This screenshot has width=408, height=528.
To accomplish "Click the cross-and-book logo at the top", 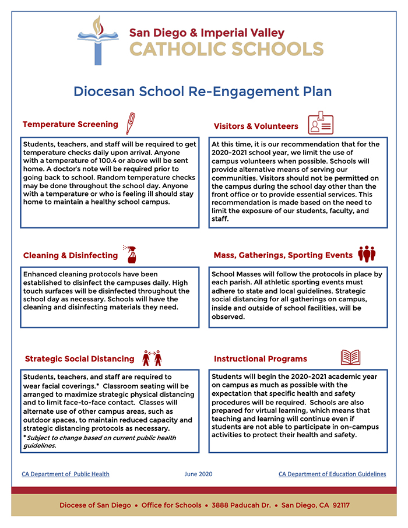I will (x=97, y=40).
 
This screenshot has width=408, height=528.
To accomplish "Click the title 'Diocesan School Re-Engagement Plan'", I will (x=202, y=91).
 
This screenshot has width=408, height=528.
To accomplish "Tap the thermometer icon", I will (x=130, y=124).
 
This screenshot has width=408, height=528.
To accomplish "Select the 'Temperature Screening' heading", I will (x=70, y=124).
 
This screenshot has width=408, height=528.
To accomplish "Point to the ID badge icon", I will (x=321, y=124).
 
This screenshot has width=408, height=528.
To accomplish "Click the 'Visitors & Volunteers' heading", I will (x=256, y=126).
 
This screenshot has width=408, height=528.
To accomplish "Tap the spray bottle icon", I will (x=130, y=254).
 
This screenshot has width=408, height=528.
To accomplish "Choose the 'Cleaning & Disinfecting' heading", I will (x=71, y=255).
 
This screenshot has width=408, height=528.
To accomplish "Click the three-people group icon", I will (x=367, y=254).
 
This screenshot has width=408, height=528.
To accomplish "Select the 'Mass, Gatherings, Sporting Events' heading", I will (x=283, y=255).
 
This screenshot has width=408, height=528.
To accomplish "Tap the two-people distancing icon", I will (x=152, y=357).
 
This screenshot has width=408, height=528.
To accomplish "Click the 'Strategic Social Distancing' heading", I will (x=79, y=358).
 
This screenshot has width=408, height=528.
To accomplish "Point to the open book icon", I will (x=350, y=357).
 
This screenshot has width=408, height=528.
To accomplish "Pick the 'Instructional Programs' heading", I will (x=260, y=359).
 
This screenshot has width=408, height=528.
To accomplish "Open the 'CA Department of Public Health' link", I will (x=65, y=474).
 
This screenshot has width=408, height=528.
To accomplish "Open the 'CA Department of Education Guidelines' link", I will (x=332, y=474).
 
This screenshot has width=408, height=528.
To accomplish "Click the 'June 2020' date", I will (x=198, y=474).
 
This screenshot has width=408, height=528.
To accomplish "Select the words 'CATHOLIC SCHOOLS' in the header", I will (x=226, y=49).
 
